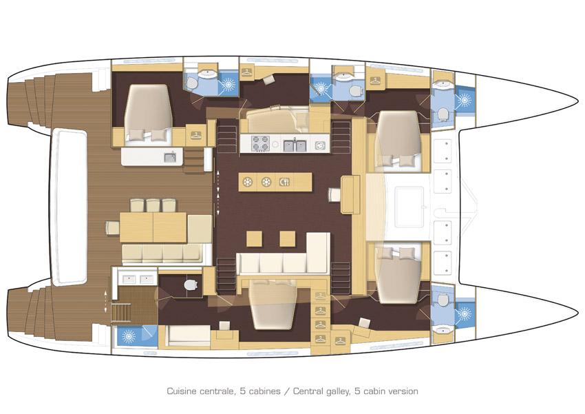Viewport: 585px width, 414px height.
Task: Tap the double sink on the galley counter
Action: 293,145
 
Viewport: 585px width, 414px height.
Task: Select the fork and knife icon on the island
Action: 284,183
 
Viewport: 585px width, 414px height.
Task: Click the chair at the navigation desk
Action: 334,195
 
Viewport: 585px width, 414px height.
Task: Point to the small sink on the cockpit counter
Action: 169,158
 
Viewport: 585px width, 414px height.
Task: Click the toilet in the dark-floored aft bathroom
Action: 191,284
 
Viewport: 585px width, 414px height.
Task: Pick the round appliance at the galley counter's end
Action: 319,145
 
